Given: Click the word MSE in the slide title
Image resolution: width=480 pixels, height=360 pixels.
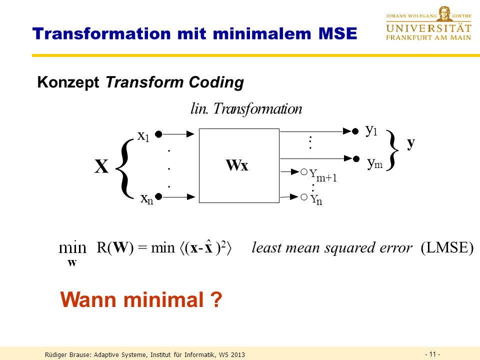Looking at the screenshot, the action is click(x=337, y=33).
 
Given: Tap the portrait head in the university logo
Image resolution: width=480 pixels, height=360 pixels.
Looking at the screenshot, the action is click(x=444, y=13).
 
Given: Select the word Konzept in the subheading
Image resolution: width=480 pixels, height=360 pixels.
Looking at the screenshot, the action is click(x=68, y=82).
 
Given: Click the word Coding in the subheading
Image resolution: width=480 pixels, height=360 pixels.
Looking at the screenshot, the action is click(x=216, y=82).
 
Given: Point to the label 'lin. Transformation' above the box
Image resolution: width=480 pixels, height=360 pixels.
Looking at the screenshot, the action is click(x=246, y=108).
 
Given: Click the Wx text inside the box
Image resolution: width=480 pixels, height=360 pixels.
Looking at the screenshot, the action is click(x=237, y=165).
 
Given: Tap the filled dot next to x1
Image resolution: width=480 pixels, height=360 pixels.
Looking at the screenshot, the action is click(x=158, y=134).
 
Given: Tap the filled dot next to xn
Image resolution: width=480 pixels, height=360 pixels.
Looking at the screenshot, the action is click(x=158, y=196).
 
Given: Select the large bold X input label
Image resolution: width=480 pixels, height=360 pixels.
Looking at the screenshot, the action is click(x=101, y=166).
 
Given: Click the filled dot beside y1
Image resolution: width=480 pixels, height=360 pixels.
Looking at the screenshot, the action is click(x=355, y=131).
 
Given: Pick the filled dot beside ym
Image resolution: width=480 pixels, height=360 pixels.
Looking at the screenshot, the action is click(x=356, y=159).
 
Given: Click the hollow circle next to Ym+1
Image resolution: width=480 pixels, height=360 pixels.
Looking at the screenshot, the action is click(x=304, y=172).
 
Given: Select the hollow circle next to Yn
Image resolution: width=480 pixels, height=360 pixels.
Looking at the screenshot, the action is click(x=304, y=197).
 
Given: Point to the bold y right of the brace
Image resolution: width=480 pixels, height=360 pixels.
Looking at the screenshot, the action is click(x=411, y=143).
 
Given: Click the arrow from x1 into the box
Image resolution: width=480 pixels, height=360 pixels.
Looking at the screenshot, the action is click(x=178, y=134).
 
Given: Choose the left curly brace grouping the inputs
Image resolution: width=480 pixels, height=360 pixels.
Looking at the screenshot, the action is click(x=124, y=168).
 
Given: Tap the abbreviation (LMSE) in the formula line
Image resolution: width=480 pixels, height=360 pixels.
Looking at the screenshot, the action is click(x=447, y=247).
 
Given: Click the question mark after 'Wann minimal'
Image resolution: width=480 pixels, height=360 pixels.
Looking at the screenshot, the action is click(x=216, y=299).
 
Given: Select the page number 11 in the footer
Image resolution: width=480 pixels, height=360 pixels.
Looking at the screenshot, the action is click(x=432, y=354).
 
